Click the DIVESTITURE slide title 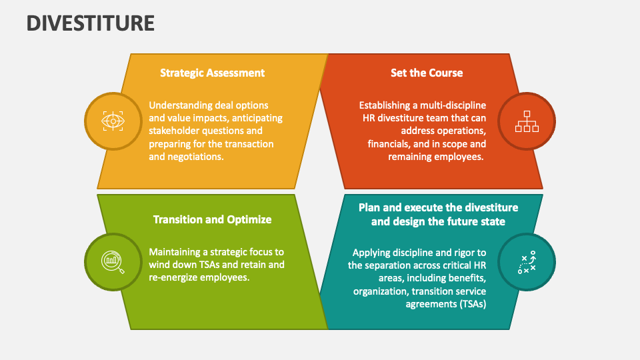click(x=91, y=23)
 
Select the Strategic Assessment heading click(x=212, y=73)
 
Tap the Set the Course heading click(x=427, y=73)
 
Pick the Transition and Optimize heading click(x=212, y=219)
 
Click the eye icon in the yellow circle click(x=113, y=121)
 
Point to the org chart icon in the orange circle click(x=527, y=121)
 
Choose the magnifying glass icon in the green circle click(x=113, y=261)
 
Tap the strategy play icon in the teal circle click(x=527, y=261)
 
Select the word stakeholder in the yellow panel click(x=175, y=131)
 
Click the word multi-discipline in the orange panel click(x=453, y=105)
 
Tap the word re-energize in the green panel click(x=177, y=277)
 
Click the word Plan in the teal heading click(x=370, y=207)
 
